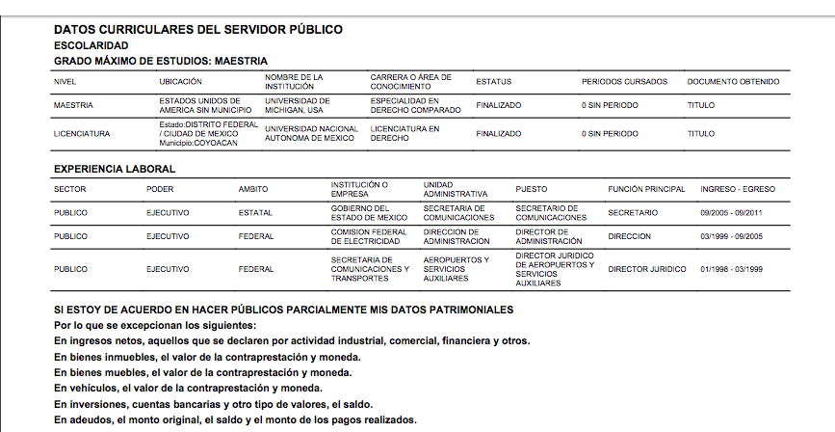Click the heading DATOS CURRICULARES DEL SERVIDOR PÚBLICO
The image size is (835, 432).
(x=197, y=30)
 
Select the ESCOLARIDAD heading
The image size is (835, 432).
(x=91, y=45)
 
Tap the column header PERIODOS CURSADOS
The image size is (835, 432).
(x=624, y=82)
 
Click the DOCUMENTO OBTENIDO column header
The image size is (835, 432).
(x=733, y=82)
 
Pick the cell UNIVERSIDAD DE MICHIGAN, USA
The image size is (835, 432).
(x=298, y=105)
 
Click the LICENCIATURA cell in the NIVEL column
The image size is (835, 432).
(x=82, y=134)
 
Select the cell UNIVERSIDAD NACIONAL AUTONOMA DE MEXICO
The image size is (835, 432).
(x=311, y=134)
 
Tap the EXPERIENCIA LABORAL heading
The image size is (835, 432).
(x=115, y=170)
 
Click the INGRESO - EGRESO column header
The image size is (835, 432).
(x=738, y=189)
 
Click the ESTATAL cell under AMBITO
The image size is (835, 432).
(x=255, y=212)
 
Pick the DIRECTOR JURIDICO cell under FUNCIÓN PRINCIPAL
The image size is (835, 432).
(x=647, y=269)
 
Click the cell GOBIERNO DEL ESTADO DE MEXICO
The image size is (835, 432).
(x=369, y=212)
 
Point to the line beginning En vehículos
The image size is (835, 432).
(x=187, y=388)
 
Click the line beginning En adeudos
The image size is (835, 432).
(x=235, y=420)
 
